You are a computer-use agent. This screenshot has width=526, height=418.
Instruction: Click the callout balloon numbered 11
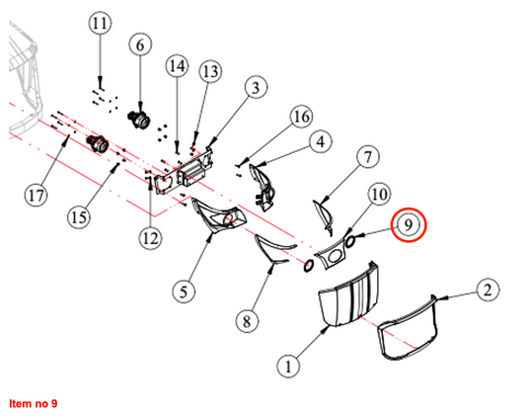[100, 23]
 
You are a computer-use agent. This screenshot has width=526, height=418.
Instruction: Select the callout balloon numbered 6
[140, 45]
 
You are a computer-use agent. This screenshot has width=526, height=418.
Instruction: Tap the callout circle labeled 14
[177, 66]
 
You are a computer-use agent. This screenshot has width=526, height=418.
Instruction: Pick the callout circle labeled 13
[210, 71]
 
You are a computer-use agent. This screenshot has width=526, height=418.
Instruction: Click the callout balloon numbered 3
[256, 88]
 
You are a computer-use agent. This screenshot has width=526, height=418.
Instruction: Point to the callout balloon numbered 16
[302, 117]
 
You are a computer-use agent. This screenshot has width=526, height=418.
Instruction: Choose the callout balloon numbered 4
[321, 141]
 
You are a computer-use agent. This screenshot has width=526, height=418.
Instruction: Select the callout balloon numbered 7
[368, 157]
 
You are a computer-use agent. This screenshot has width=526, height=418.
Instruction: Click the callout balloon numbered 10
[379, 195]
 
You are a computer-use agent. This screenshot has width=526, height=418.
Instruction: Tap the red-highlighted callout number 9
[409, 224]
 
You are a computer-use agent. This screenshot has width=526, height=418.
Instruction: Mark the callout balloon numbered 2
[488, 290]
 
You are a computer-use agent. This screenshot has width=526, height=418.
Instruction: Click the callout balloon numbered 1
[288, 367]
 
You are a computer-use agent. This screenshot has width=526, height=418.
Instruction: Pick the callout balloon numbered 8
[247, 321]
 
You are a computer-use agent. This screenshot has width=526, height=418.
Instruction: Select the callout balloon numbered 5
[184, 292]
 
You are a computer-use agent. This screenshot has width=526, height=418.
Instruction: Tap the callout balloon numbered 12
[150, 238]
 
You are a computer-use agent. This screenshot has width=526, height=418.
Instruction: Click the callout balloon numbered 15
[79, 217]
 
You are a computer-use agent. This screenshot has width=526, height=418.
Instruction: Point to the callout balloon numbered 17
[37, 196]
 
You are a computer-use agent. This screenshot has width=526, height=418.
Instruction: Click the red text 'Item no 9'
[34, 403]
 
